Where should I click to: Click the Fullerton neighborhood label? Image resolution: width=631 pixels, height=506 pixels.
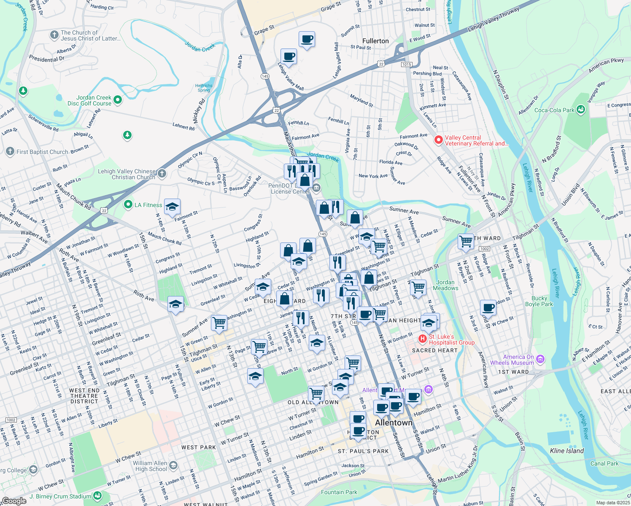(x=375, y=41)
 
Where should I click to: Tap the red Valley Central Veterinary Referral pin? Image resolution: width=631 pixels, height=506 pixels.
(x=439, y=140)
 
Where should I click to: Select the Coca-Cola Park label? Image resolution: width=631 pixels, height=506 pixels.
(x=554, y=110)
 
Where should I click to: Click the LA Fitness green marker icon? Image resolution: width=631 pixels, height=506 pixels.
(x=128, y=205)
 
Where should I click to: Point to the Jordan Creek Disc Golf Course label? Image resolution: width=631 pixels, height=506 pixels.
(x=89, y=100)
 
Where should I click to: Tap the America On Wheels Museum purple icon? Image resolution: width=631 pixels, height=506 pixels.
(x=540, y=359)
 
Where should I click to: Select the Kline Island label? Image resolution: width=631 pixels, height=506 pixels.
(x=567, y=451)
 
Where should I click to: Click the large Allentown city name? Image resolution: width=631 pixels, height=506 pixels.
(x=394, y=423)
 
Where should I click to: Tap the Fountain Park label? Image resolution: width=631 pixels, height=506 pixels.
(x=339, y=492)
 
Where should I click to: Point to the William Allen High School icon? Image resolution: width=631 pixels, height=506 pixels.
(x=173, y=466)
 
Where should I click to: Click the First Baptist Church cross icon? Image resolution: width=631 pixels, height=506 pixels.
(x=10, y=151)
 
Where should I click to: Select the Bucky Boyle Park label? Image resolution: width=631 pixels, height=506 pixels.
(x=539, y=301)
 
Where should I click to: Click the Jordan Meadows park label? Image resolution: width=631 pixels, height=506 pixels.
(x=445, y=285)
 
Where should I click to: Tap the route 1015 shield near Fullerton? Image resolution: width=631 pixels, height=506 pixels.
(x=407, y=65)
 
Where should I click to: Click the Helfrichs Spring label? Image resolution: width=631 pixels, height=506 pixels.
(x=204, y=88)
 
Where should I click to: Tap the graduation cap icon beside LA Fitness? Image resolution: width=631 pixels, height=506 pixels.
(x=172, y=207)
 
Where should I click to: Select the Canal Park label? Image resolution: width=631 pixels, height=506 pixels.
(x=604, y=463)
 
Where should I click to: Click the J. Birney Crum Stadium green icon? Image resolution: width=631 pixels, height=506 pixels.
(x=98, y=495)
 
